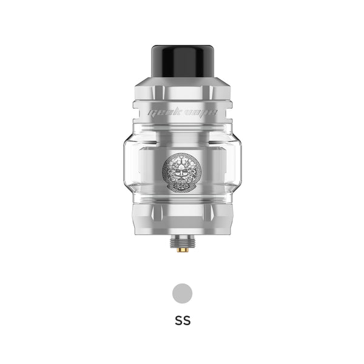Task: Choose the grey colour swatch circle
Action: point(182,293)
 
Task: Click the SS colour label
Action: point(182,320)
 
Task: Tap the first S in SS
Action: point(178,320)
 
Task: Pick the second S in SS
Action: point(186,320)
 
